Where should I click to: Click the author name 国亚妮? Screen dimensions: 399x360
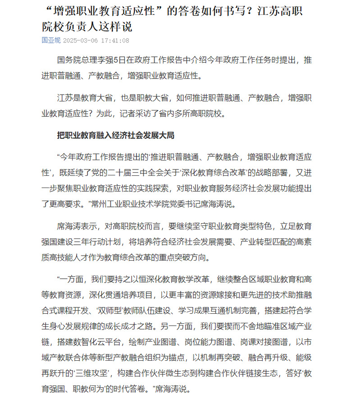tap(51, 40)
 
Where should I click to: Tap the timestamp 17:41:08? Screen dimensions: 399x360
tap(115, 41)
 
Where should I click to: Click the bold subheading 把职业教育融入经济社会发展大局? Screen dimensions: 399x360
tap(115, 135)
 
